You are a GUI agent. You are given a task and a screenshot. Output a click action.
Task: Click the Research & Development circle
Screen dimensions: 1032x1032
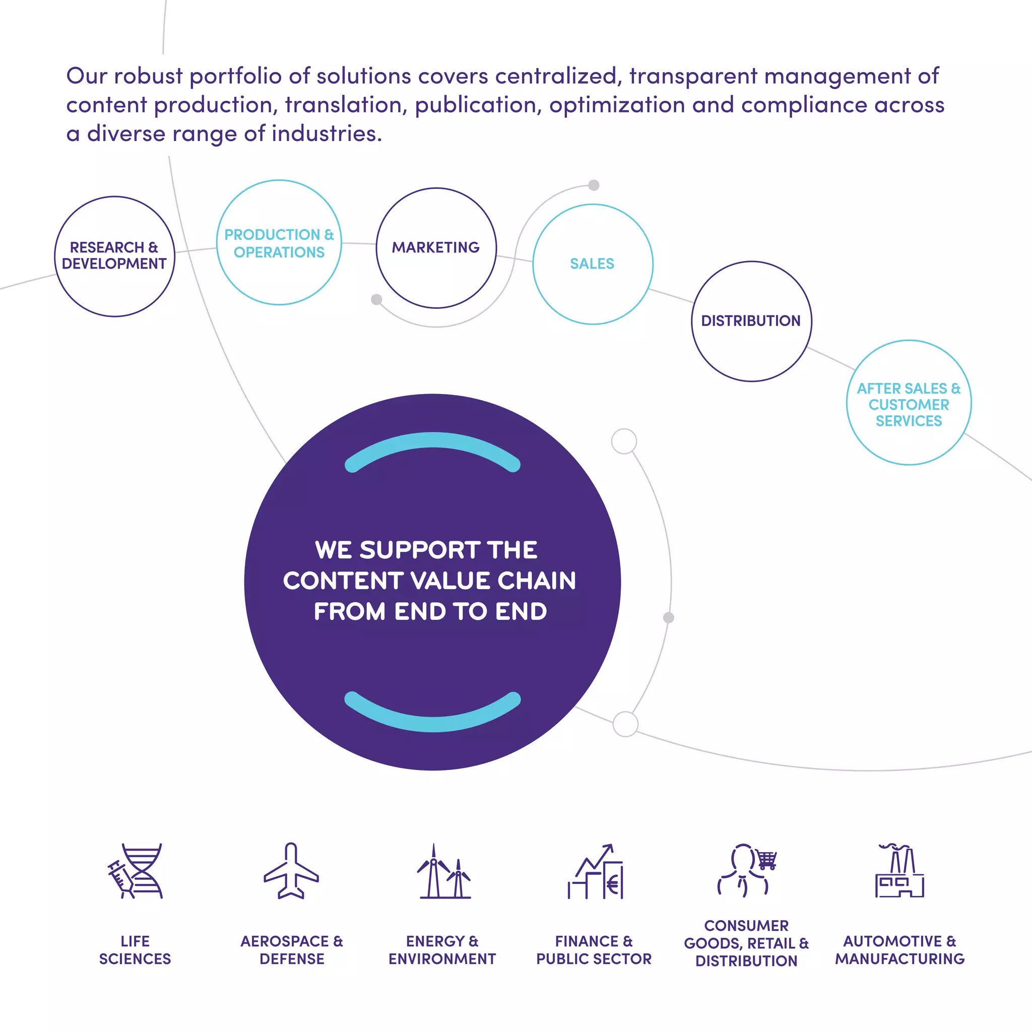point(114,256)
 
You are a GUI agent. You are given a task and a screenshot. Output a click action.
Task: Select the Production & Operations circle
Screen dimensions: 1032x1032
point(279,242)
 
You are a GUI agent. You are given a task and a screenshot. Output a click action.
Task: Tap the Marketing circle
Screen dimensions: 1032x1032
point(436,248)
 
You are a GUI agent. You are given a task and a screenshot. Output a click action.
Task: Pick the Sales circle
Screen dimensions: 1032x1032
point(593,264)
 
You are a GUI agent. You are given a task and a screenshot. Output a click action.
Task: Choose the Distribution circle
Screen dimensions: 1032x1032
point(751,321)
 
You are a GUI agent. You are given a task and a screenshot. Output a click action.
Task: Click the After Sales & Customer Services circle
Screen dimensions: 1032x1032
point(909,403)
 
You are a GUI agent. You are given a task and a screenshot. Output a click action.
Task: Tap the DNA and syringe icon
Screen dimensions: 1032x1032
point(135,871)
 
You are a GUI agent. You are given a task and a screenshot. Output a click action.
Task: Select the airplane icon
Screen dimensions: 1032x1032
point(291,871)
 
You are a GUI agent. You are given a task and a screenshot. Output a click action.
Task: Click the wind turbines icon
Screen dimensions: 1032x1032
point(443,872)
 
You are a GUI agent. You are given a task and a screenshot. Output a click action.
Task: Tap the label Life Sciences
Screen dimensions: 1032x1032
point(135,950)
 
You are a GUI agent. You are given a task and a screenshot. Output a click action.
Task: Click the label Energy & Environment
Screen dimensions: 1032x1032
point(442,950)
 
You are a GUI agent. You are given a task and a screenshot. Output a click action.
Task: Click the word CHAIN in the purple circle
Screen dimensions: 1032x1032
point(537,580)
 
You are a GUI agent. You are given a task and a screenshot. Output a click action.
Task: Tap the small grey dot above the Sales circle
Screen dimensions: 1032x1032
point(594,185)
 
